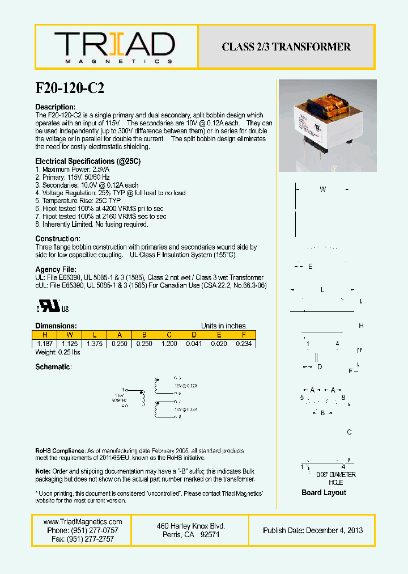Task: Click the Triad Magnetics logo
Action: click(114, 47)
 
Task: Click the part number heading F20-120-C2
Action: click(70, 88)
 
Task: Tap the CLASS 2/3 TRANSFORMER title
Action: click(286, 47)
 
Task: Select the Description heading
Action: click(55, 107)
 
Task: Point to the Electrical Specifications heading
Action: click(88, 161)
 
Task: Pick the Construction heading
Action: click(58, 239)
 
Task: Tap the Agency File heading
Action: click(56, 269)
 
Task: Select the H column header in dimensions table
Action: click(45, 335)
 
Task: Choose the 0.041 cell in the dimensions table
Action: click(194, 344)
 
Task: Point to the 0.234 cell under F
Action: click(244, 344)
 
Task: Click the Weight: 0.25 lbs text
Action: click(58, 352)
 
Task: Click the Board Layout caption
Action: click(324, 493)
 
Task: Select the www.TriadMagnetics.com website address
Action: click(83, 522)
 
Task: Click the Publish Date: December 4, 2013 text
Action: click(313, 530)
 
